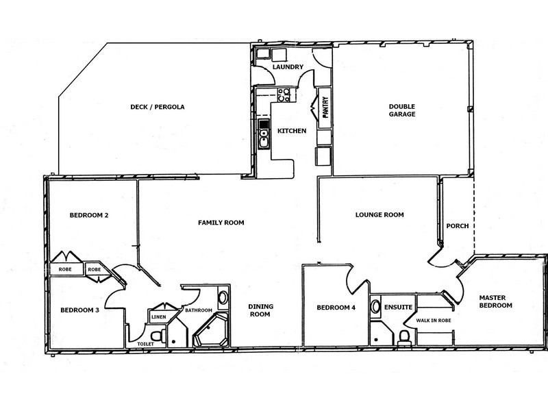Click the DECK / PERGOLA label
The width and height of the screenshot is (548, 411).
click(158, 107)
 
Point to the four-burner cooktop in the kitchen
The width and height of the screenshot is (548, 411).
click(286, 96)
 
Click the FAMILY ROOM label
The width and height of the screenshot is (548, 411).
click(221, 223)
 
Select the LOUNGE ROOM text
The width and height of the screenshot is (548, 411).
click(379, 214)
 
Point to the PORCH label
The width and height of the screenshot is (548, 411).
click(457, 227)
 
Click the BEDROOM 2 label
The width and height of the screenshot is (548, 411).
click(89, 215)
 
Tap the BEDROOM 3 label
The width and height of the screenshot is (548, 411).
click(79, 310)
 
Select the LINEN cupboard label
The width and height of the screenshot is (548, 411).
click(159, 316)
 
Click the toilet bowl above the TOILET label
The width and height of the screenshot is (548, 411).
click(157, 335)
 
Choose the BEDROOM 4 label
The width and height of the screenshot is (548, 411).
click(336, 308)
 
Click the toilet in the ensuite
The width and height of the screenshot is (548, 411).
click(403, 334)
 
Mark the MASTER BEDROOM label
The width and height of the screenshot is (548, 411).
click(495, 301)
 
